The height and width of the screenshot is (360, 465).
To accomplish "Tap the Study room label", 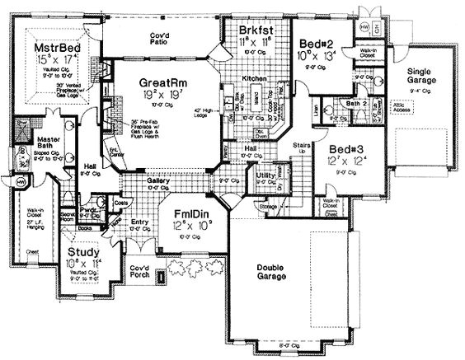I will tap(85, 250).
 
